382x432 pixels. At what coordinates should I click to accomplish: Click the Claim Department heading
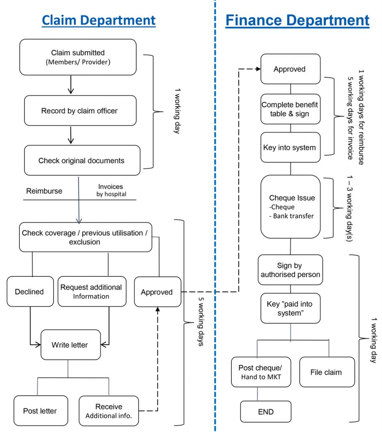(99, 21)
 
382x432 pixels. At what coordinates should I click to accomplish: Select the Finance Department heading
(297, 21)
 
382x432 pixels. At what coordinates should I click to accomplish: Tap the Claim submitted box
(78, 57)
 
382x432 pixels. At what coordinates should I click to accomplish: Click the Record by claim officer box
(80, 111)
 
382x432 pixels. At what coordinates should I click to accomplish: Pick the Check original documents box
(82, 160)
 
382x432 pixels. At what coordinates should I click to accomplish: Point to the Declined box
(30, 292)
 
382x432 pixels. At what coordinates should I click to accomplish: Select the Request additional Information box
(92, 292)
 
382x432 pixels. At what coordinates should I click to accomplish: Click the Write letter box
(70, 345)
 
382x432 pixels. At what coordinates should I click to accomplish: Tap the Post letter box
(41, 411)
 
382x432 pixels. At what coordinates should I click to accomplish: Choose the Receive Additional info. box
(109, 411)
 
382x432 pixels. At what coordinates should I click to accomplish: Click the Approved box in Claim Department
(158, 292)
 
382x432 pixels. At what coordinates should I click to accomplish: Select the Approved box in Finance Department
(291, 69)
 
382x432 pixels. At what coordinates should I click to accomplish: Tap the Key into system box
(291, 147)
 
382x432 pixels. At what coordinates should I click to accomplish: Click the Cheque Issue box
(291, 207)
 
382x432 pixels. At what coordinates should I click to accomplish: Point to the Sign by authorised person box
(290, 270)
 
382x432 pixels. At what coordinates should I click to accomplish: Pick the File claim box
(327, 372)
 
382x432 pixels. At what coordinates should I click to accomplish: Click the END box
(266, 412)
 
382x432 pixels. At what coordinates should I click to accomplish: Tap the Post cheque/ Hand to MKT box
(261, 372)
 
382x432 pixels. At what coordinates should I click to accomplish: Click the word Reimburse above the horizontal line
(44, 191)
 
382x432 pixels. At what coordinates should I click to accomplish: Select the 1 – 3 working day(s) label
(349, 208)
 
